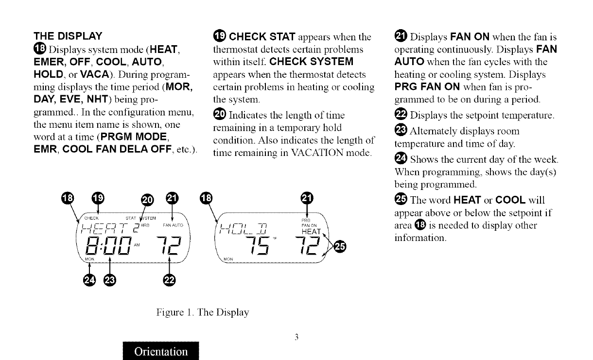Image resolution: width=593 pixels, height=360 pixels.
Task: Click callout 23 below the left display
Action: pos(110,281)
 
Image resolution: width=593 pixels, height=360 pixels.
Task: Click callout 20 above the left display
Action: pos(147,198)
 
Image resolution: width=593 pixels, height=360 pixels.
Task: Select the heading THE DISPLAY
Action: pos(68,36)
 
